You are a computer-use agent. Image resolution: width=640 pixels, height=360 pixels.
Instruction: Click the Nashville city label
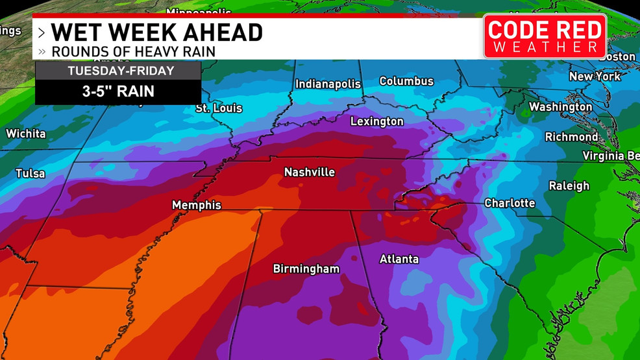coord(310,172)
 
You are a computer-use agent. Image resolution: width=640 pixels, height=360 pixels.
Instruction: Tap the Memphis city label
coord(196,205)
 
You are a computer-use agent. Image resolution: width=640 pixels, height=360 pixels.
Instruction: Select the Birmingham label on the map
coord(306,269)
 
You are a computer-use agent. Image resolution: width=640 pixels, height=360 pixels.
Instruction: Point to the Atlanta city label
coord(399,259)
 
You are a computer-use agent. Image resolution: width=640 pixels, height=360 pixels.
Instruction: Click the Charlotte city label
coord(510,203)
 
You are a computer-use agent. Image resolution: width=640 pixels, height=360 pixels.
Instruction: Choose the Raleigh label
coord(569,186)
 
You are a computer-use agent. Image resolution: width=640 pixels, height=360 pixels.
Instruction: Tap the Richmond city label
coord(571,137)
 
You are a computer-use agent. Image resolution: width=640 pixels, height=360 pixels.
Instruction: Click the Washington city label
coord(560,106)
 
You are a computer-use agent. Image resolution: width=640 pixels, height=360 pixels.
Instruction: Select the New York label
coord(595,77)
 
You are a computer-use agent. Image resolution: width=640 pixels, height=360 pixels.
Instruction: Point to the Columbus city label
coord(406,81)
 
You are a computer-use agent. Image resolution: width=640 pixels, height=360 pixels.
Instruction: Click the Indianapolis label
coord(328,84)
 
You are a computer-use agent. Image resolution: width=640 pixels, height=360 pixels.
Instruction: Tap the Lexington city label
coord(376,121)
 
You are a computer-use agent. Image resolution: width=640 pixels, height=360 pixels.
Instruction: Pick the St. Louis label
coord(219,108)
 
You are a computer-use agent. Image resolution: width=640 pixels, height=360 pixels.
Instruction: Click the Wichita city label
coord(26,134)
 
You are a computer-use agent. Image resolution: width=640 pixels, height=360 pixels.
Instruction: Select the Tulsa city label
coord(31,173)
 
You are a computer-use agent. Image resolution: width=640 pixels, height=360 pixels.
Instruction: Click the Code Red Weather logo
coord(545,36)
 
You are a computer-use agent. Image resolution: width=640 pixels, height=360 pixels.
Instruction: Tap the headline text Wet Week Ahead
coord(156,32)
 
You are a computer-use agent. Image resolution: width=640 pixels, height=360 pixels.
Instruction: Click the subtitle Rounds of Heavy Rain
coord(133,51)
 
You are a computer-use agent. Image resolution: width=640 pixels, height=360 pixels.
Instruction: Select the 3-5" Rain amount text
coord(117,91)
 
